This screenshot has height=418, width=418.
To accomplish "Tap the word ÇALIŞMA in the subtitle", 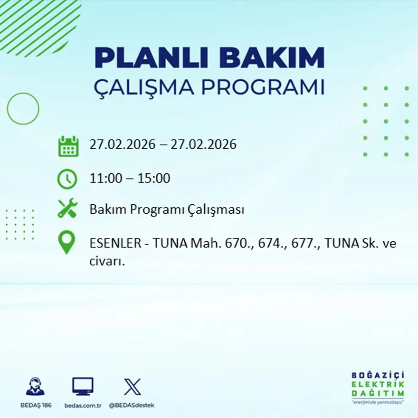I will [144, 87].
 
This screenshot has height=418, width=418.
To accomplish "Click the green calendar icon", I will [68, 146].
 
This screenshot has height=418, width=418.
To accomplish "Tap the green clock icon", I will [67, 179].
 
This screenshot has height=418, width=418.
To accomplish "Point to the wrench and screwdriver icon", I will [67, 209].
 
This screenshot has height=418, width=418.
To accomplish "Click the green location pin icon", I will [66, 242].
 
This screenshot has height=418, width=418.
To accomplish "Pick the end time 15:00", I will [154, 179].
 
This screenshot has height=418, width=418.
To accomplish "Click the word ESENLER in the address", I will [115, 244].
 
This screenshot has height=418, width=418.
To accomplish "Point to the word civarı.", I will [107, 261].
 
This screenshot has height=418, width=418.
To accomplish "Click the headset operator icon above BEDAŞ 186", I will [36, 387].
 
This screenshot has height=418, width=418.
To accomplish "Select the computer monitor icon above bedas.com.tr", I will [83, 386].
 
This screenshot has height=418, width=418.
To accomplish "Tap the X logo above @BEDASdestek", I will [132, 387].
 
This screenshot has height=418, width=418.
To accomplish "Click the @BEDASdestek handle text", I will [132, 405].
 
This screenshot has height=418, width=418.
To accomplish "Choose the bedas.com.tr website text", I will [83, 405].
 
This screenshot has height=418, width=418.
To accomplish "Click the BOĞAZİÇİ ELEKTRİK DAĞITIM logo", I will [378, 387].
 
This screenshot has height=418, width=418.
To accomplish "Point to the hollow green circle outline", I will [23, 109].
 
